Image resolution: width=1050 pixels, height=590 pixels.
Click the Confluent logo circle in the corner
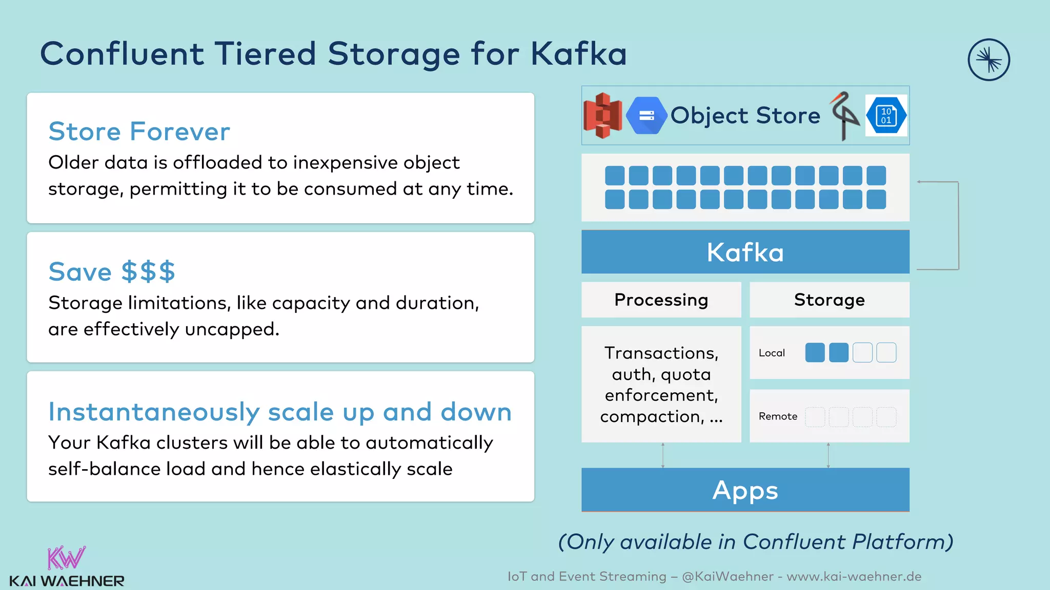coord(988,60)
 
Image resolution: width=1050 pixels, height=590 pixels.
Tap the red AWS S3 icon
coord(602,116)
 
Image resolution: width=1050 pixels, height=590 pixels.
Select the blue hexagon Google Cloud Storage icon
coord(647,116)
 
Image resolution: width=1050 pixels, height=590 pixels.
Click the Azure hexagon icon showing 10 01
coord(886,116)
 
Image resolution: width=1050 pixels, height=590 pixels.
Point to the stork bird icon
coord(843,116)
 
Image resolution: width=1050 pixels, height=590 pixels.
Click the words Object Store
coord(745,116)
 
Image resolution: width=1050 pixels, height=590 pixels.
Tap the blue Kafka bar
coord(745,252)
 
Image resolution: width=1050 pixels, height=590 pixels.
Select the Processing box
coord(661,300)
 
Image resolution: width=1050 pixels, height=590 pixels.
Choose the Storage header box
coord(829,300)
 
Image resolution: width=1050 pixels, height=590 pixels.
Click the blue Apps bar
coord(745,490)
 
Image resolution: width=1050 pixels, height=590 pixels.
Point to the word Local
coord(772,353)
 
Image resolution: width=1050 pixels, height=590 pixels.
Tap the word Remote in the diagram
coord(778,416)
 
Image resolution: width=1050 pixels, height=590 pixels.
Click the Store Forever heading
coord(139,132)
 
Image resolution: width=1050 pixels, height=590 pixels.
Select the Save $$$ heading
coord(112,271)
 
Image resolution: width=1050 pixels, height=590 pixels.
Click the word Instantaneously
coord(154,412)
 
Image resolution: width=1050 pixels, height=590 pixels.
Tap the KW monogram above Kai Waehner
coord(66,558)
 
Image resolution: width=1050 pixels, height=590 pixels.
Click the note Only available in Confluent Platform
coord(755,542)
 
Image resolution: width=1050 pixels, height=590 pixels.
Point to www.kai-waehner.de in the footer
coord(854,577)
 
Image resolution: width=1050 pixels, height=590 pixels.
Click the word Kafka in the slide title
coord(578,54)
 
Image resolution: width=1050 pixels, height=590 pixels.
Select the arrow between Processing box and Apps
coord(663,455)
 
